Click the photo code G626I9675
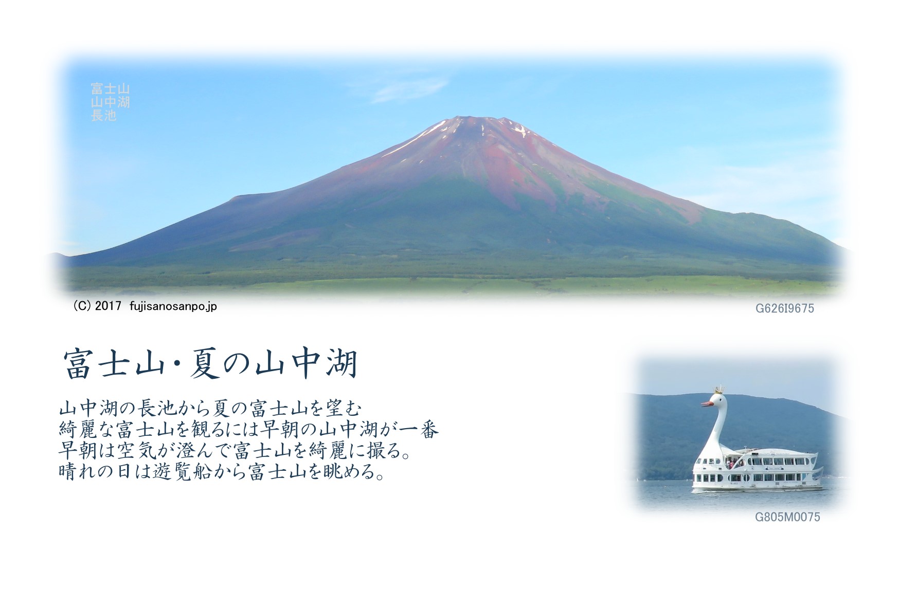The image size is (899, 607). [784, 308]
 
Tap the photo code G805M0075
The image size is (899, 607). [787, 517]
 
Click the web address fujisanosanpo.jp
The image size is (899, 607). [173, 306]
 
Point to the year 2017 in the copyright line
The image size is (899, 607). [108, 306]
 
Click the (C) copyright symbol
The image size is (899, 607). [82, 306]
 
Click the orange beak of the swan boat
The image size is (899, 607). [707, 403]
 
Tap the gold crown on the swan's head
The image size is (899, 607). [718, 388]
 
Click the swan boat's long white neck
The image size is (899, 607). [712, 432]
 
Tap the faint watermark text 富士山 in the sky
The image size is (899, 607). [110, 89]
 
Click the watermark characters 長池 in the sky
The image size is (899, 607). [103, 116]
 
